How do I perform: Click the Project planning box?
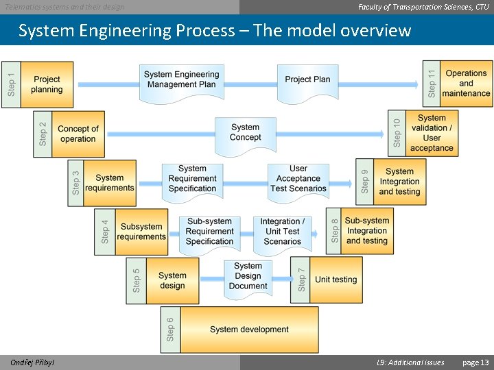click(x=47, y=85)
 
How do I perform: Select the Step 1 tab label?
click(x=12, y=85)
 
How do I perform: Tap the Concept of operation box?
click(x=78, y=134)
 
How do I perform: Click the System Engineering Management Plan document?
click(x=182, y=81)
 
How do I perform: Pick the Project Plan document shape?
click(x=307, y=80)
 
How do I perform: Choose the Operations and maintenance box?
click(x=466, y=84)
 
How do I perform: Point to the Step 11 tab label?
click(x=432, y=84)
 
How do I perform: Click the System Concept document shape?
click(x=245, y=134)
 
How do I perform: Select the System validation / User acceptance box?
click(x=432, y=133)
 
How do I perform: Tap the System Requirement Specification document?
click(x=192, y=180)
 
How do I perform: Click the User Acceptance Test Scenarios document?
click(x=298, y=180)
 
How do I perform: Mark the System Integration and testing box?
click(x=399, y=182)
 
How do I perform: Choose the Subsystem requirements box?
click(x=141, y=232)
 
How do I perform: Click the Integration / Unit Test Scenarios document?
click(x=282, y=232)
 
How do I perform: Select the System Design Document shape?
click(x=248, y=277)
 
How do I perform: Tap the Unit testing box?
click(x=336, y=280)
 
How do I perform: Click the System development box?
click(x=249, y=330)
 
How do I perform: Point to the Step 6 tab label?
click(x=170, y=330)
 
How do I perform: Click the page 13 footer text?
click(x=475, y=362)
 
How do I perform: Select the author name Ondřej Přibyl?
click(x=33, y=362)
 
